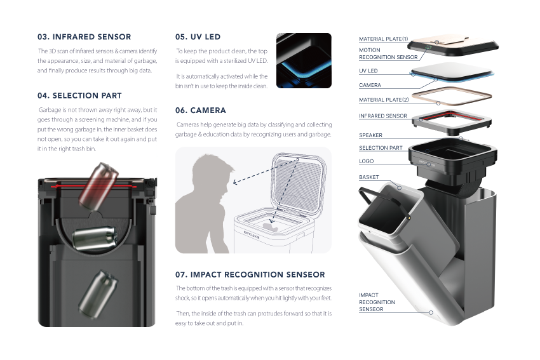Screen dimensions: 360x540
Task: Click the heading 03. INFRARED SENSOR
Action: pos(84,37)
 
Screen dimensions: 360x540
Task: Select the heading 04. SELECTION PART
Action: pos(79,96)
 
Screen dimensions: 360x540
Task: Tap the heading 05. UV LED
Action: pos(198,37)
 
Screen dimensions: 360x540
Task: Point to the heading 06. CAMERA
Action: pos(200,110)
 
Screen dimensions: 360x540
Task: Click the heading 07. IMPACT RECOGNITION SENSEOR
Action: pos(250,274)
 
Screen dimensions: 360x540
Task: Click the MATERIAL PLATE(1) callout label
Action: pos(384,39)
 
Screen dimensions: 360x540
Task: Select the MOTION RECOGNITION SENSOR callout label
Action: pos(388,53)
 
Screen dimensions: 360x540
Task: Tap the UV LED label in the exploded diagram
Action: pos(368,71)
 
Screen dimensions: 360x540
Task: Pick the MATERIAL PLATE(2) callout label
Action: pos(384,100)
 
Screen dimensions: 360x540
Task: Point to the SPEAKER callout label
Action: pos(370,135)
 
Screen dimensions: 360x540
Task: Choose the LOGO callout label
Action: pos(366,161)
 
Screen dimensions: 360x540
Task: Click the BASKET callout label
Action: pos(368,178)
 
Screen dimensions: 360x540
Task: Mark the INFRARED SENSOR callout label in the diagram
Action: pos(383,116)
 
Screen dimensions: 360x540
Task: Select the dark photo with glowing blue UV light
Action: pos(304,60)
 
